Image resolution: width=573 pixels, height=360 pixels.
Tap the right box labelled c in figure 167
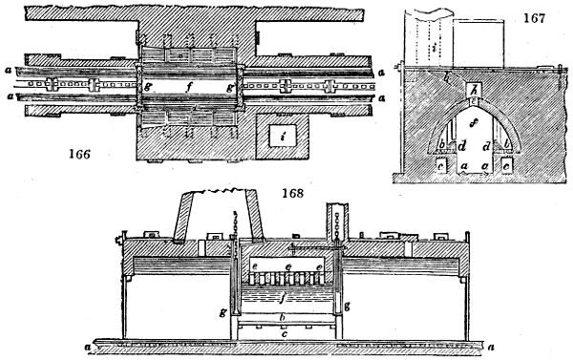506,164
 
